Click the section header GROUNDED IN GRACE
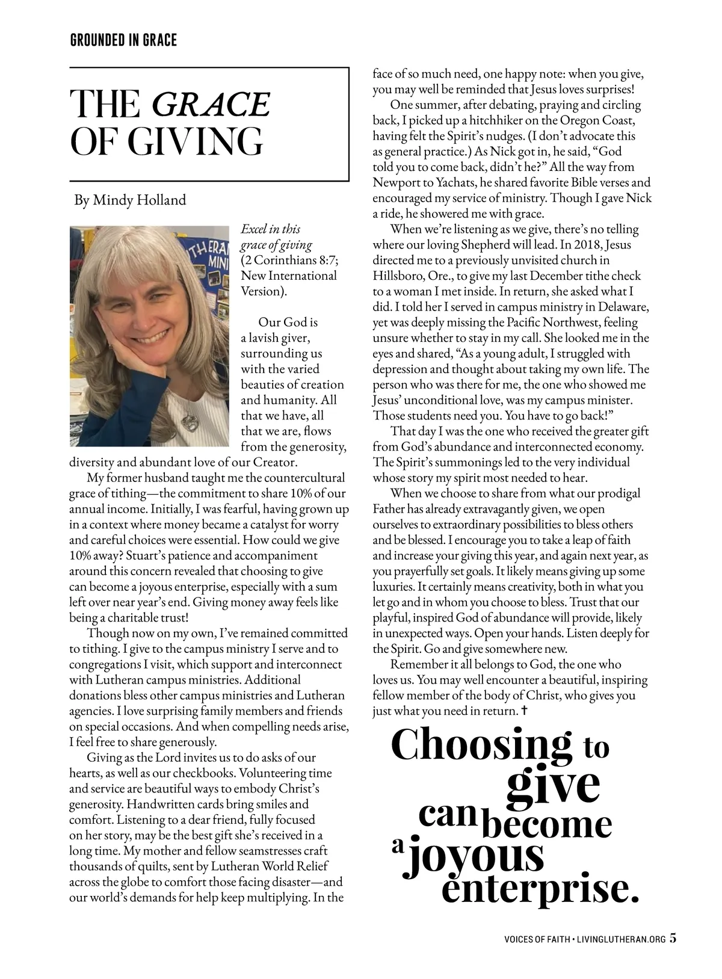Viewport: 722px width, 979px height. click(x=123, y=40)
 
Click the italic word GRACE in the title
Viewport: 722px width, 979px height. click(x=211, y=104)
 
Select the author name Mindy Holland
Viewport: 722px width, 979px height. click(x=139, y=200)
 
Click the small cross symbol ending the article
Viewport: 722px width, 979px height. click(x=525, y=711)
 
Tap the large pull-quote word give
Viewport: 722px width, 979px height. click(x=554, y=783)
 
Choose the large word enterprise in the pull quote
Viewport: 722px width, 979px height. click(x=539, y=889)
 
